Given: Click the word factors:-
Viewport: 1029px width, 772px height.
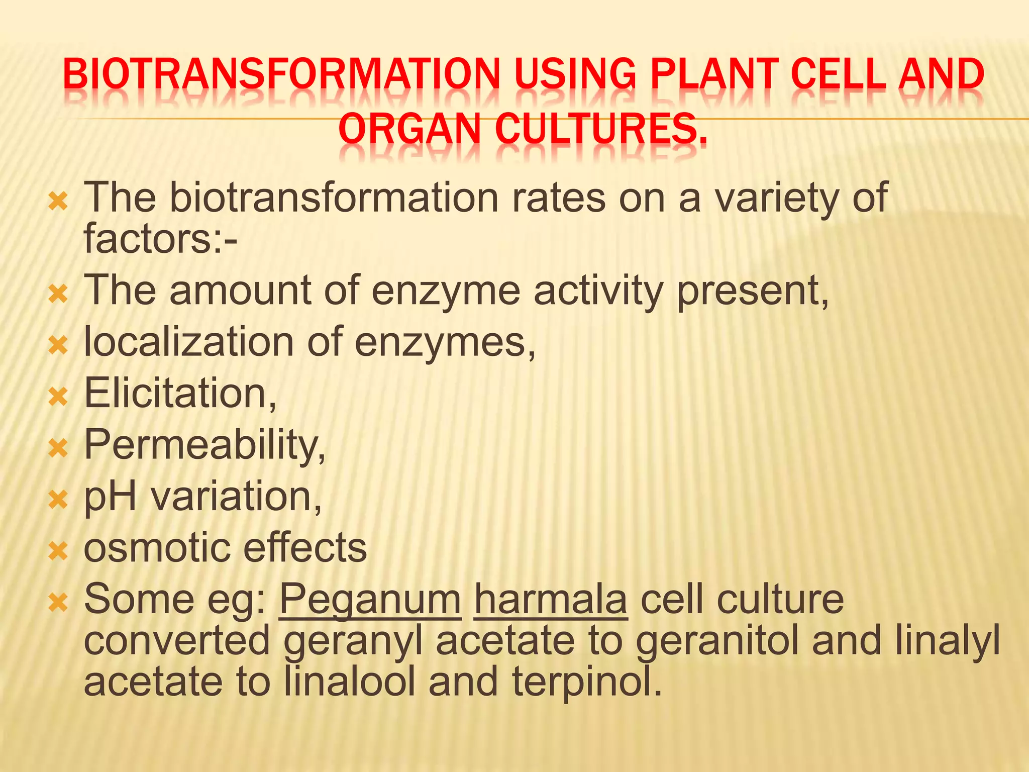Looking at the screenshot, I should click(160, 238).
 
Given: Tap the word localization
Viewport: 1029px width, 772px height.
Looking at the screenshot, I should click(188, 342).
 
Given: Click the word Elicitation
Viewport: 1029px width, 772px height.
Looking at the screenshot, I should click(179, 393).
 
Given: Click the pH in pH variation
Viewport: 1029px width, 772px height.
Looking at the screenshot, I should click(110, 497).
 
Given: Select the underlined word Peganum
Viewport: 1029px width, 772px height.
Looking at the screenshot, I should click(370, 599).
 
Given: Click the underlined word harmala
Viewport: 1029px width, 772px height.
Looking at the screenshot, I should click(551, 599).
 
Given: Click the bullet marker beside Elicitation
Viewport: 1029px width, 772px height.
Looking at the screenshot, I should click(58, 397).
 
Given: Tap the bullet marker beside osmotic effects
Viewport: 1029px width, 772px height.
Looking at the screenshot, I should click(58, 551).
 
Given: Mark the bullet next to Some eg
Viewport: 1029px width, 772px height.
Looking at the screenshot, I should click(58, 602).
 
